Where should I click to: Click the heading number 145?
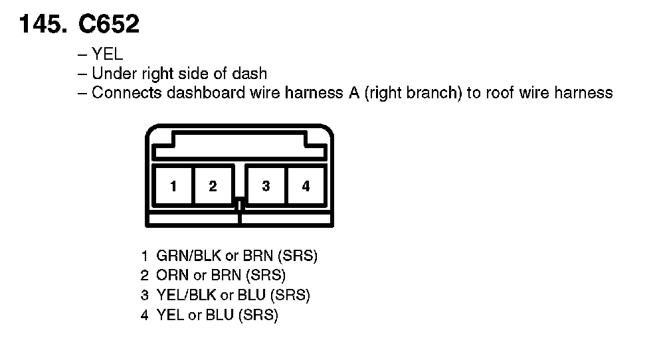pyautogui.click(x=44, y=25)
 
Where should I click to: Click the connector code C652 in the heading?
pyautogui.click(x=108, y=25)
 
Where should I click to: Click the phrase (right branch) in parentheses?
pyautogui.click(x=413, y=93)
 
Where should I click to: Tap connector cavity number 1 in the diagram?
pyautogui.click(x=173, y=186)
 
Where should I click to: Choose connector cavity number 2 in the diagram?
pyautogui.click(x=213, y=186)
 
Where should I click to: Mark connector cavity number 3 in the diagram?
pyautogui.click(x=266, y=186)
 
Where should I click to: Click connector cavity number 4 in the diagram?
pyautogui.click(x=306, y=186)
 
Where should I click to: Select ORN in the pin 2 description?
pyautogui.click(x=171, y=275)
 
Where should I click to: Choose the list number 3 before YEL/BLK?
pyautogui.click(x=144, y=295)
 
